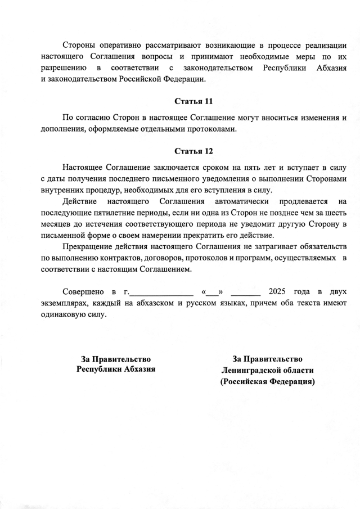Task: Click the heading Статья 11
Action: [193, 102]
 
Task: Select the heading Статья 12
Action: [193, 151]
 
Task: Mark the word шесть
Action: [333, 213]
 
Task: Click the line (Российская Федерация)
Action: [267, 381]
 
